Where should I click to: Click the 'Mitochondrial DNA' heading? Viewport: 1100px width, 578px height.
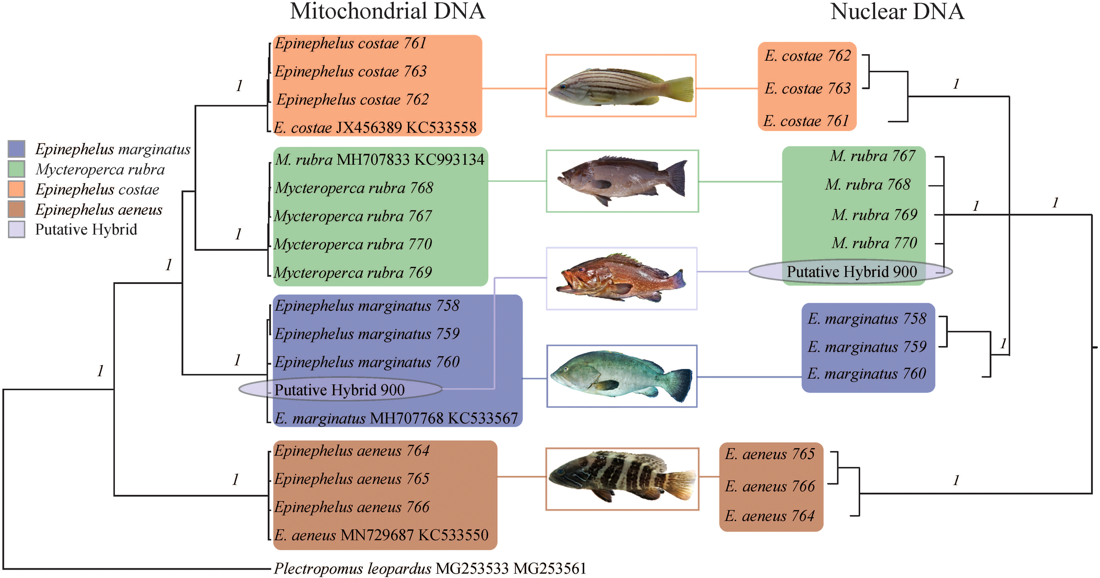387,11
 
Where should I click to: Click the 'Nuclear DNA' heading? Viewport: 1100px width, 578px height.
897,11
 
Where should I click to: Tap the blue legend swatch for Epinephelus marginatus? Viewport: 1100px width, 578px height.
16,149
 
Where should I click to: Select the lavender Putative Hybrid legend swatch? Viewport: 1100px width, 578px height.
16,229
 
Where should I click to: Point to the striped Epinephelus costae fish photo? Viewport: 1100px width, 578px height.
621,86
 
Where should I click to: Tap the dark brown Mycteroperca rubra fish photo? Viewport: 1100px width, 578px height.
622,181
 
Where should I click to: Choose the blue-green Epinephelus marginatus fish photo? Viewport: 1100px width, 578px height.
622,376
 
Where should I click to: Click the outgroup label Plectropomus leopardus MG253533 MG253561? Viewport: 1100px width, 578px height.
430,568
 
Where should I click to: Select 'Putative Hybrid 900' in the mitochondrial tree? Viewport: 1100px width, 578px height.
340,390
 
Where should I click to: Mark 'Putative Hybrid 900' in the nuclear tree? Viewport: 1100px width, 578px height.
851,272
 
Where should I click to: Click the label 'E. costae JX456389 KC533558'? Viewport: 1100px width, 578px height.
375,128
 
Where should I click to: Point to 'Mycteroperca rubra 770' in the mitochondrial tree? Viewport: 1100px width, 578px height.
353,244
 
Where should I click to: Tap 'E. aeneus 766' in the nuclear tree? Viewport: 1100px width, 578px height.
770,486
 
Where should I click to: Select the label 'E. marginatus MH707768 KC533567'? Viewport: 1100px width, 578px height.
396,418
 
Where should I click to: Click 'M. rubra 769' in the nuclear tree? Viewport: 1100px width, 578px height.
874,215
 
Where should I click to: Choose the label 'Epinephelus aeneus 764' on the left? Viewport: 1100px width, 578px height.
352,451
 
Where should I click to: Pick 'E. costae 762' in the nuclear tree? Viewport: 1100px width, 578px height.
808,56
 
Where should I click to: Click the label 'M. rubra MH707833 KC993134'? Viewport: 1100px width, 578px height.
380,159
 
